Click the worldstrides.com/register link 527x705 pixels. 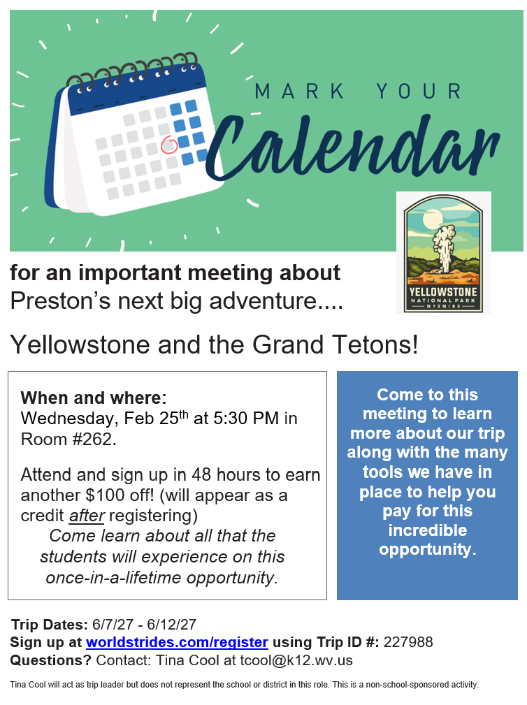click(x=177, y=642)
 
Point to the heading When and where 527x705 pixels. click(x=92, y=398)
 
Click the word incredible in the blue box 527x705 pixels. click(x=427, y=530)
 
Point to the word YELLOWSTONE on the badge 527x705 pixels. click(x=443, y=291)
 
